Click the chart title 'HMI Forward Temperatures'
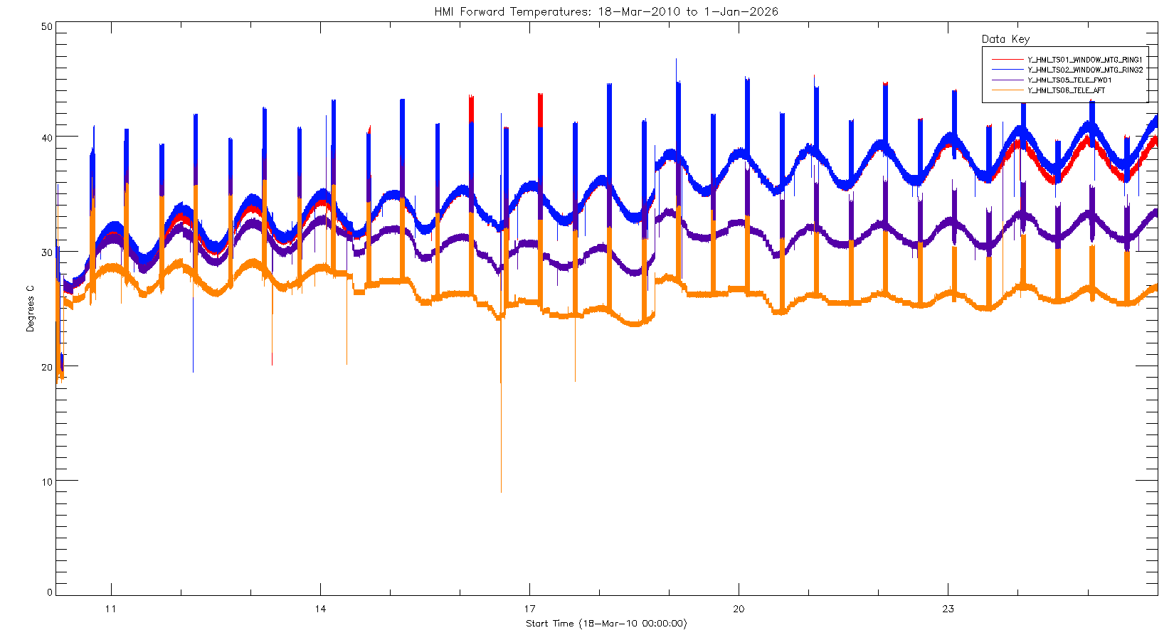click(x=606, y=12)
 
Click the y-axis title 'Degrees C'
click(x=30, y=309)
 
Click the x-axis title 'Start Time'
click(x=606, y=624)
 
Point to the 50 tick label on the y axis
click(x=47, y=26)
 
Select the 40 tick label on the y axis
click(x=47, y=137)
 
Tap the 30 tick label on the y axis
click(x=47, y=252)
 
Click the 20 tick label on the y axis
click(x=47, y=367)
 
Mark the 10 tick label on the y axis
click(x=47, y=481)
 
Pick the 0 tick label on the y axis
click(x=50, y=592)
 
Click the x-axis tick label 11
click(x=110, y=609)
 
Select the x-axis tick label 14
click(x=320, y=609)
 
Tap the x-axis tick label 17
click(x=529, y=609)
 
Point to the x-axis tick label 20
click(x=739, y=609)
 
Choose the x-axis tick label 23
click(x=948, y=609)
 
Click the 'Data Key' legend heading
click(x=1005, y=39)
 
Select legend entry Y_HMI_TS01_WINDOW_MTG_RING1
click(x=1084, y=60)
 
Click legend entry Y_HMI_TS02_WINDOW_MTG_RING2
click(x=1084, y=70)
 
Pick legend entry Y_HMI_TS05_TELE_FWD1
click(x=1069, y=80)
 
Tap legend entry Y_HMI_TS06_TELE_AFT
click(x=1066, y=90)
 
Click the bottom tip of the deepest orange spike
click(x=501, y=492)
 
